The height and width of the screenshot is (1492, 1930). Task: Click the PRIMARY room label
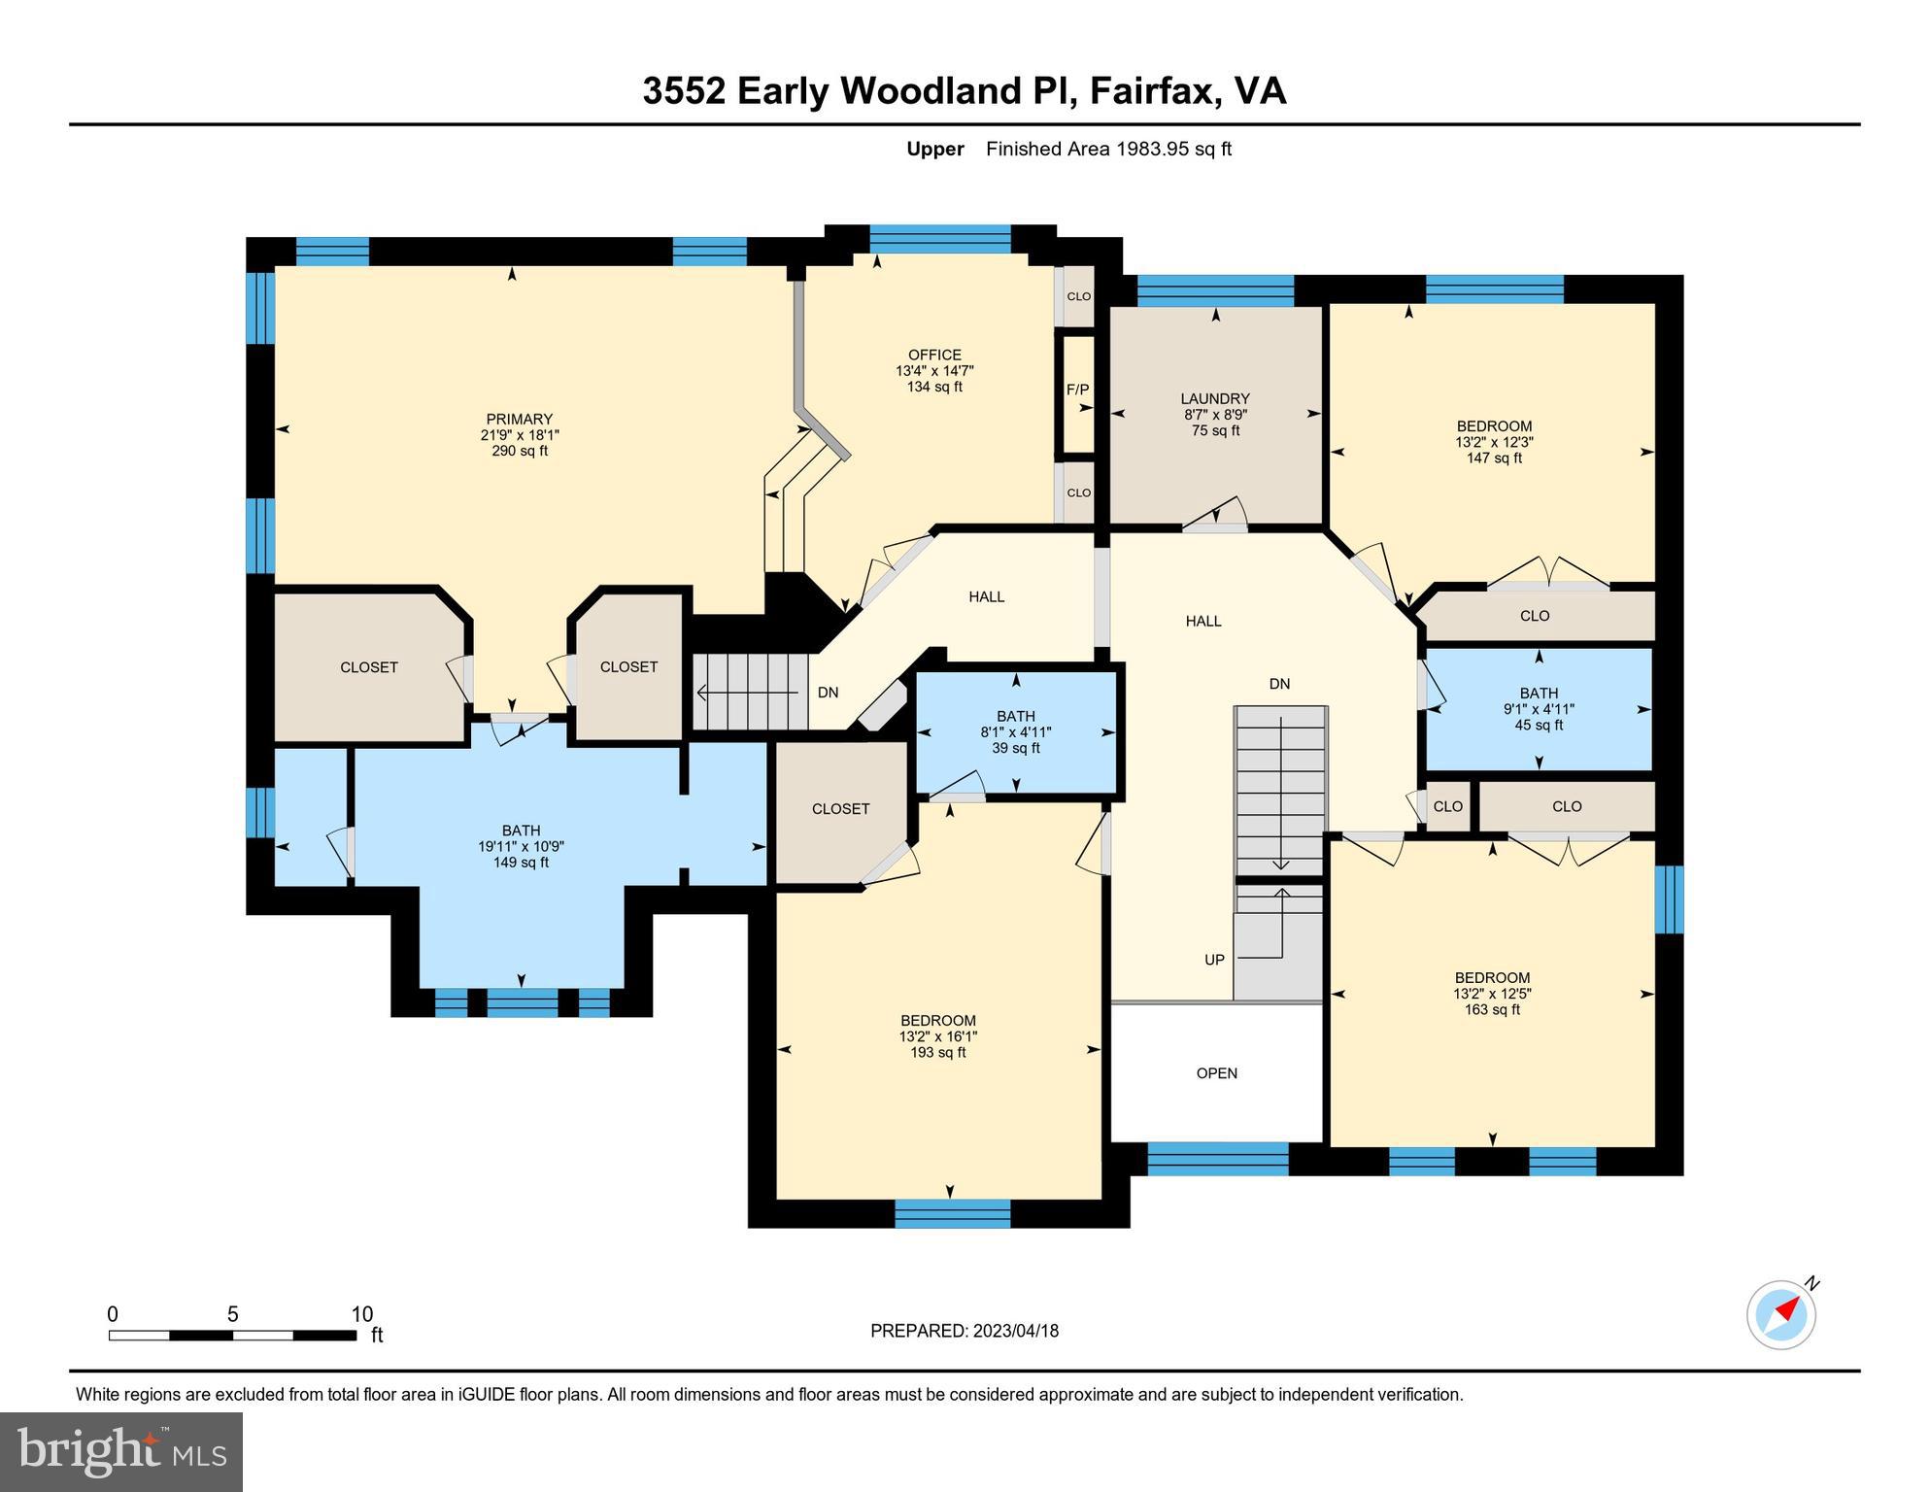point(519,420)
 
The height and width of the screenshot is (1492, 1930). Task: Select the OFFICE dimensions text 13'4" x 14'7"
point(934,371)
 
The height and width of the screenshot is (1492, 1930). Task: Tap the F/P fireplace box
point(1077,390)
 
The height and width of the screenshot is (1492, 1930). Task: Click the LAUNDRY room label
point(1214,398)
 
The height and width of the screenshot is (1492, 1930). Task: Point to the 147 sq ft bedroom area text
point(1494,458)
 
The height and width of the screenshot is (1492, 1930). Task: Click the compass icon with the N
point(1781,1314)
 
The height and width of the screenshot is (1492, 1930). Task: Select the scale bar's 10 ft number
point(361,1314)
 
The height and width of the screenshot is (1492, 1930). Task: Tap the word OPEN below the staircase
point(1216,1073)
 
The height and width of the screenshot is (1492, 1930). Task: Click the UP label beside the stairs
point(1214,960)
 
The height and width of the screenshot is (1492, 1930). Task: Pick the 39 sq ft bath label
point(1015,748)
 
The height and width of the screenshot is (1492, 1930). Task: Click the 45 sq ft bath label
point(1539,725)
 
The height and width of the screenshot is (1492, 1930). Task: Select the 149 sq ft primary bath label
point(521,862)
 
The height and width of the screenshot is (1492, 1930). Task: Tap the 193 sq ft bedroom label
point(937,1052)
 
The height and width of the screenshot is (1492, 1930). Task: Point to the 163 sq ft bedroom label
point(1492,1009)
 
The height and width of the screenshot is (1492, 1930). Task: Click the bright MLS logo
point(121,1451)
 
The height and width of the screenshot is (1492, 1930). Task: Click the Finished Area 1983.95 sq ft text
point(1108,149)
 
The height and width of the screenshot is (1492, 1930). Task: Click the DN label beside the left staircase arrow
point(828,693)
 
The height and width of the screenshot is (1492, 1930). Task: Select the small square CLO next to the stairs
point(1447,806)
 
